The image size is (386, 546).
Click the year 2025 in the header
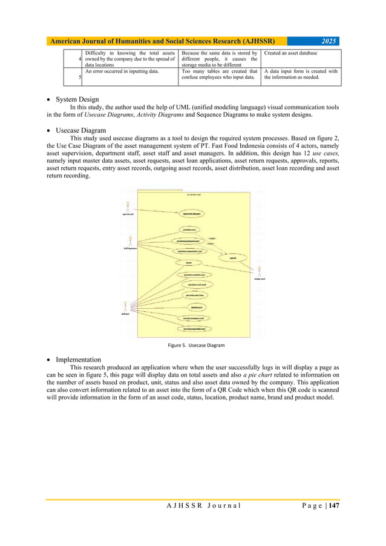328,41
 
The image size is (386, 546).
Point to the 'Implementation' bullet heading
78,359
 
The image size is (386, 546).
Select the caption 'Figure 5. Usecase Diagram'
195,345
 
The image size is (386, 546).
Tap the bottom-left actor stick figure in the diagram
127,305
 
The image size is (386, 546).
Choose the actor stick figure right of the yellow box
259,270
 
